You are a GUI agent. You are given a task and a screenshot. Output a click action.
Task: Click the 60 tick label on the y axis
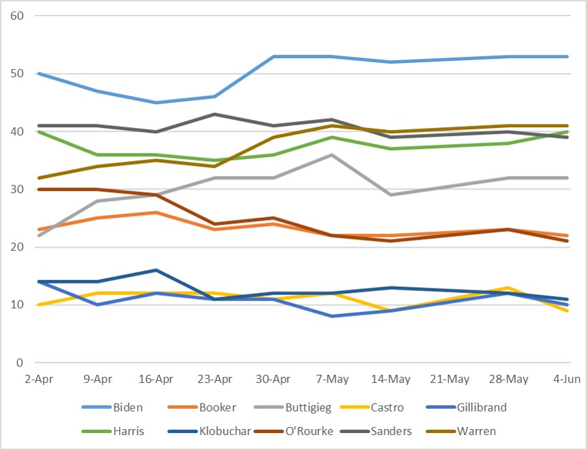(17, 16)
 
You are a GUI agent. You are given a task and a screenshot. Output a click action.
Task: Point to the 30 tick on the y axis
(17, 189)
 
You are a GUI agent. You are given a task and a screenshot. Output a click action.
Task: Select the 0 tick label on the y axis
(20, 363)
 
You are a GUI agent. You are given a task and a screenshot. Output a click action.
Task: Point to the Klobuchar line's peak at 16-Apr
(156, 270)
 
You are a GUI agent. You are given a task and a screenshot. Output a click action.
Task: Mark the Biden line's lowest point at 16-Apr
(156, 102)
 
